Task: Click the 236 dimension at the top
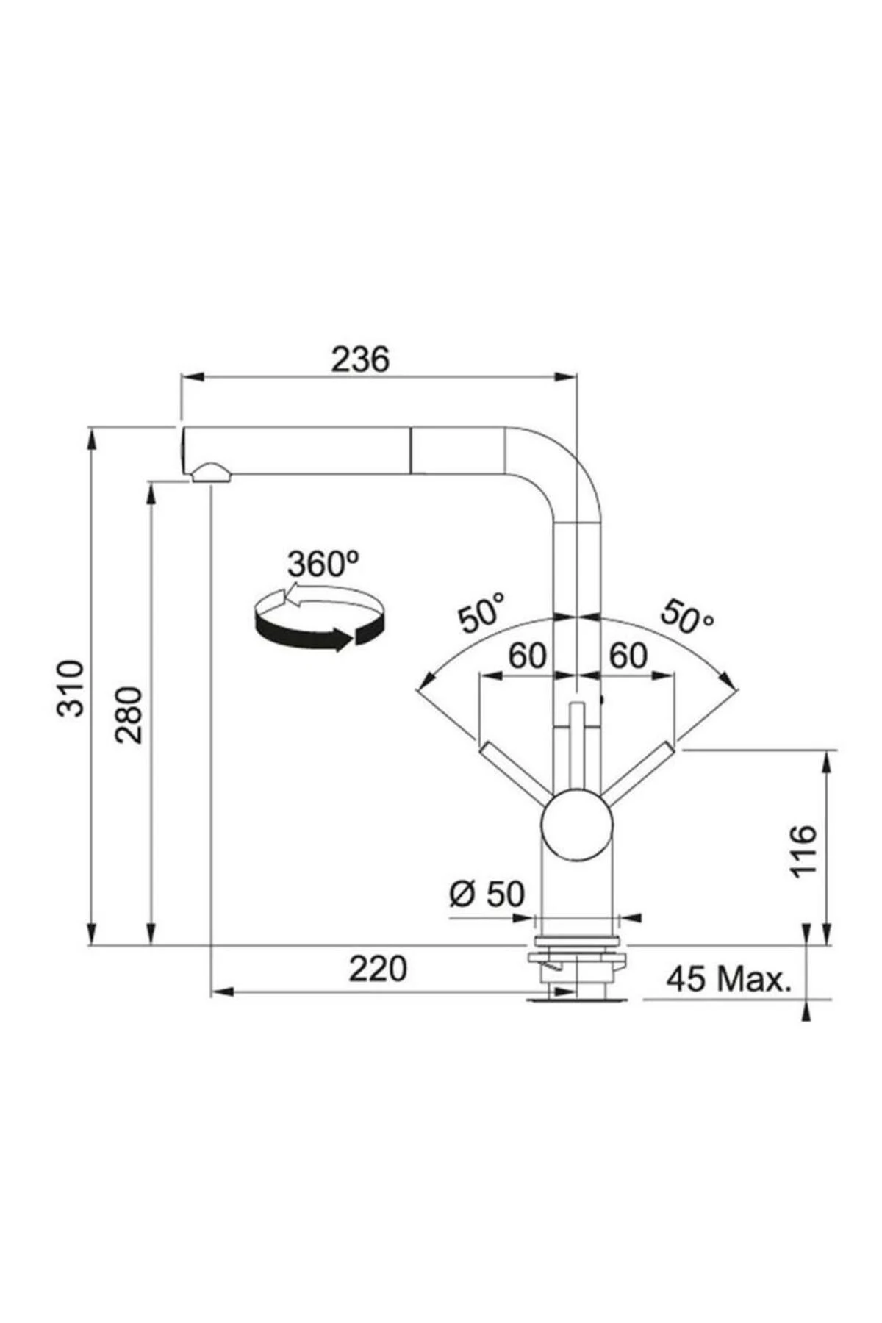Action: (359, 360)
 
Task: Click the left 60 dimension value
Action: (528, 656)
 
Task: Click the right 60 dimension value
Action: (628, 656)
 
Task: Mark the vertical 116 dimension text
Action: (804, 850)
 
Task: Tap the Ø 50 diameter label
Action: (487, 894)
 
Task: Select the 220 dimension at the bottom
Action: (378, 969)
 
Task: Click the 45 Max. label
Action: (728, 978)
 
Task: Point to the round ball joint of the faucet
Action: (576, 825)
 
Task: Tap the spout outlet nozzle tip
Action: (210, 473)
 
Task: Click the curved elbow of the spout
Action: (559, 463)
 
